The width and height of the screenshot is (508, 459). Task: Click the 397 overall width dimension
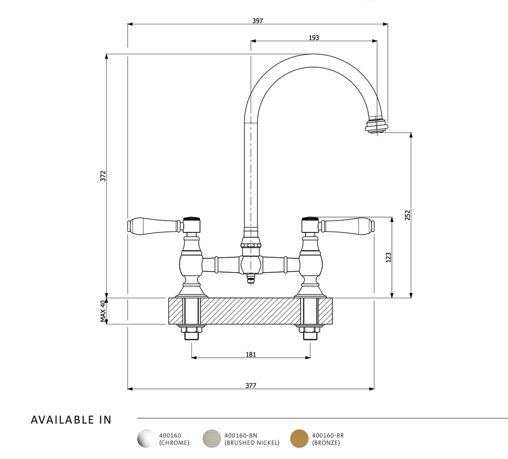pyautogui.click(x=257, y=21)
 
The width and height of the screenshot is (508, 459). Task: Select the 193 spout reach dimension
pyautogui.click(x=314, y=38)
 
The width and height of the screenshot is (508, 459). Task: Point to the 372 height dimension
pyautogui.click(x=103, y=176)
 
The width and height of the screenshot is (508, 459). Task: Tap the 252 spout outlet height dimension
pyautogui.click(x=408, y=215)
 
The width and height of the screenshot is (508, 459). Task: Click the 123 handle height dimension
pyautogui.click(x=388, y=257)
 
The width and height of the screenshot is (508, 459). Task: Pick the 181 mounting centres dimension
pyautogui.click(x=251, y=354)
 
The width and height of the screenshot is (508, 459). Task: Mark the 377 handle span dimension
pyautogui.click(x=251, y=385)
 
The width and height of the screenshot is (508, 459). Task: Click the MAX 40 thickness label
pyautogui.click(x=103, y=311)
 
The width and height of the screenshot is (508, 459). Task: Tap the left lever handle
pyautogui.click(x=153, y=226)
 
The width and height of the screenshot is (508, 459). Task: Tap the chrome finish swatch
pyautogui.click(x=146, y=439)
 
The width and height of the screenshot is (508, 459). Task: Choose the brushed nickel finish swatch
pyautogui.click(x=212, y=439)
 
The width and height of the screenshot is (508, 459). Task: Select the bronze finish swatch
pyautogui.click(x=299, y=439)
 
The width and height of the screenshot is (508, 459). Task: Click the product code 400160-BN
pyautogui.click(x=241, y=435)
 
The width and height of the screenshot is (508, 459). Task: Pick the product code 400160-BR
pyautogui.click(x=328, y=435)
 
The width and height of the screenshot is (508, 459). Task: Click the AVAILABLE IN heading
pyautogui.click(x=71, y=420)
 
